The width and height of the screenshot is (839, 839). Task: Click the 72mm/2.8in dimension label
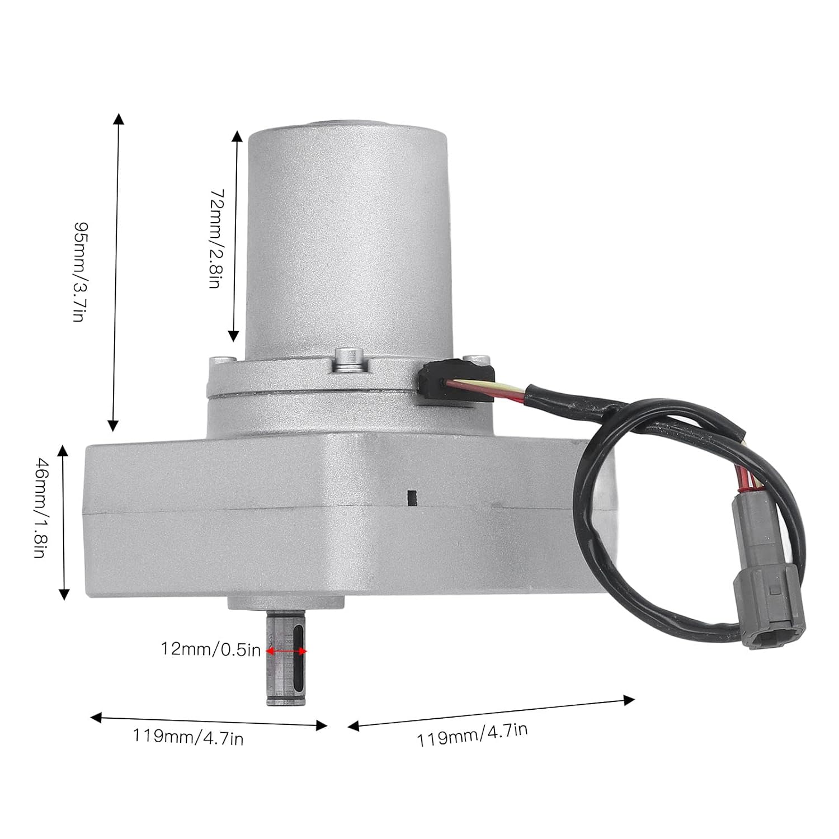coord(215,238)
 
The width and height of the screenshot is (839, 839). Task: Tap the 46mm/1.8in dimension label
coord(40,507)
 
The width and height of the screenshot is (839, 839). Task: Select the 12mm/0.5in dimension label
coord(211,649)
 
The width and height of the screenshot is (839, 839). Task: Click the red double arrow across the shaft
coord(287,651)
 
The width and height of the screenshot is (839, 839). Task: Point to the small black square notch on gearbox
coord(413,497)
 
